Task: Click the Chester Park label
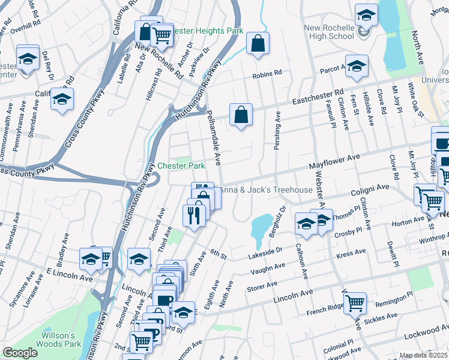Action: [x=181, y=166]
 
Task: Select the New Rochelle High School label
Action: [x=328, y=32]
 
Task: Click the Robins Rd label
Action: [x=267, y=74]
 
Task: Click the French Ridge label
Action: [x=325, y=308]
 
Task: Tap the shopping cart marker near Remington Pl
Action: [x=355, y=304]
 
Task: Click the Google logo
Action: [x=20, y=353]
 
